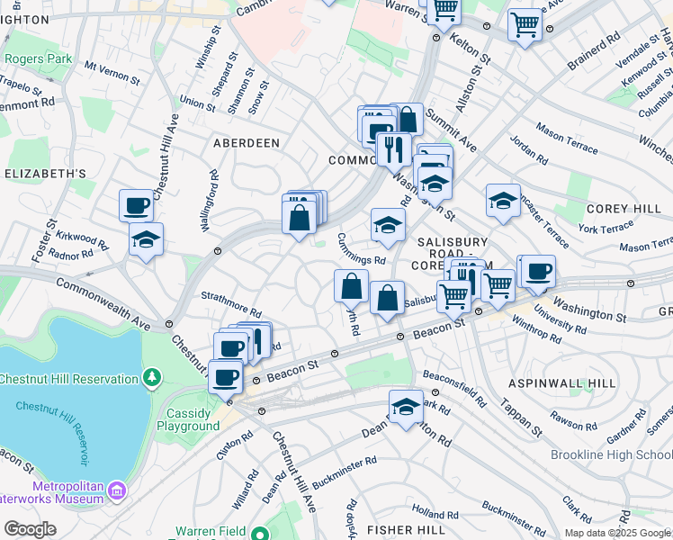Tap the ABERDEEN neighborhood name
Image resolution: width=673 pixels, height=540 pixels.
(246, 143)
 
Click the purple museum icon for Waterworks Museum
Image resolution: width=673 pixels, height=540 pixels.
(116, 490)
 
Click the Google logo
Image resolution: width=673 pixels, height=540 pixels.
(30, 529)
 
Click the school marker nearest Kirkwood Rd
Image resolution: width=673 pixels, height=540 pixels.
(145, 238)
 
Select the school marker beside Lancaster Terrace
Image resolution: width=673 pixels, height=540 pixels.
(503, 201)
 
